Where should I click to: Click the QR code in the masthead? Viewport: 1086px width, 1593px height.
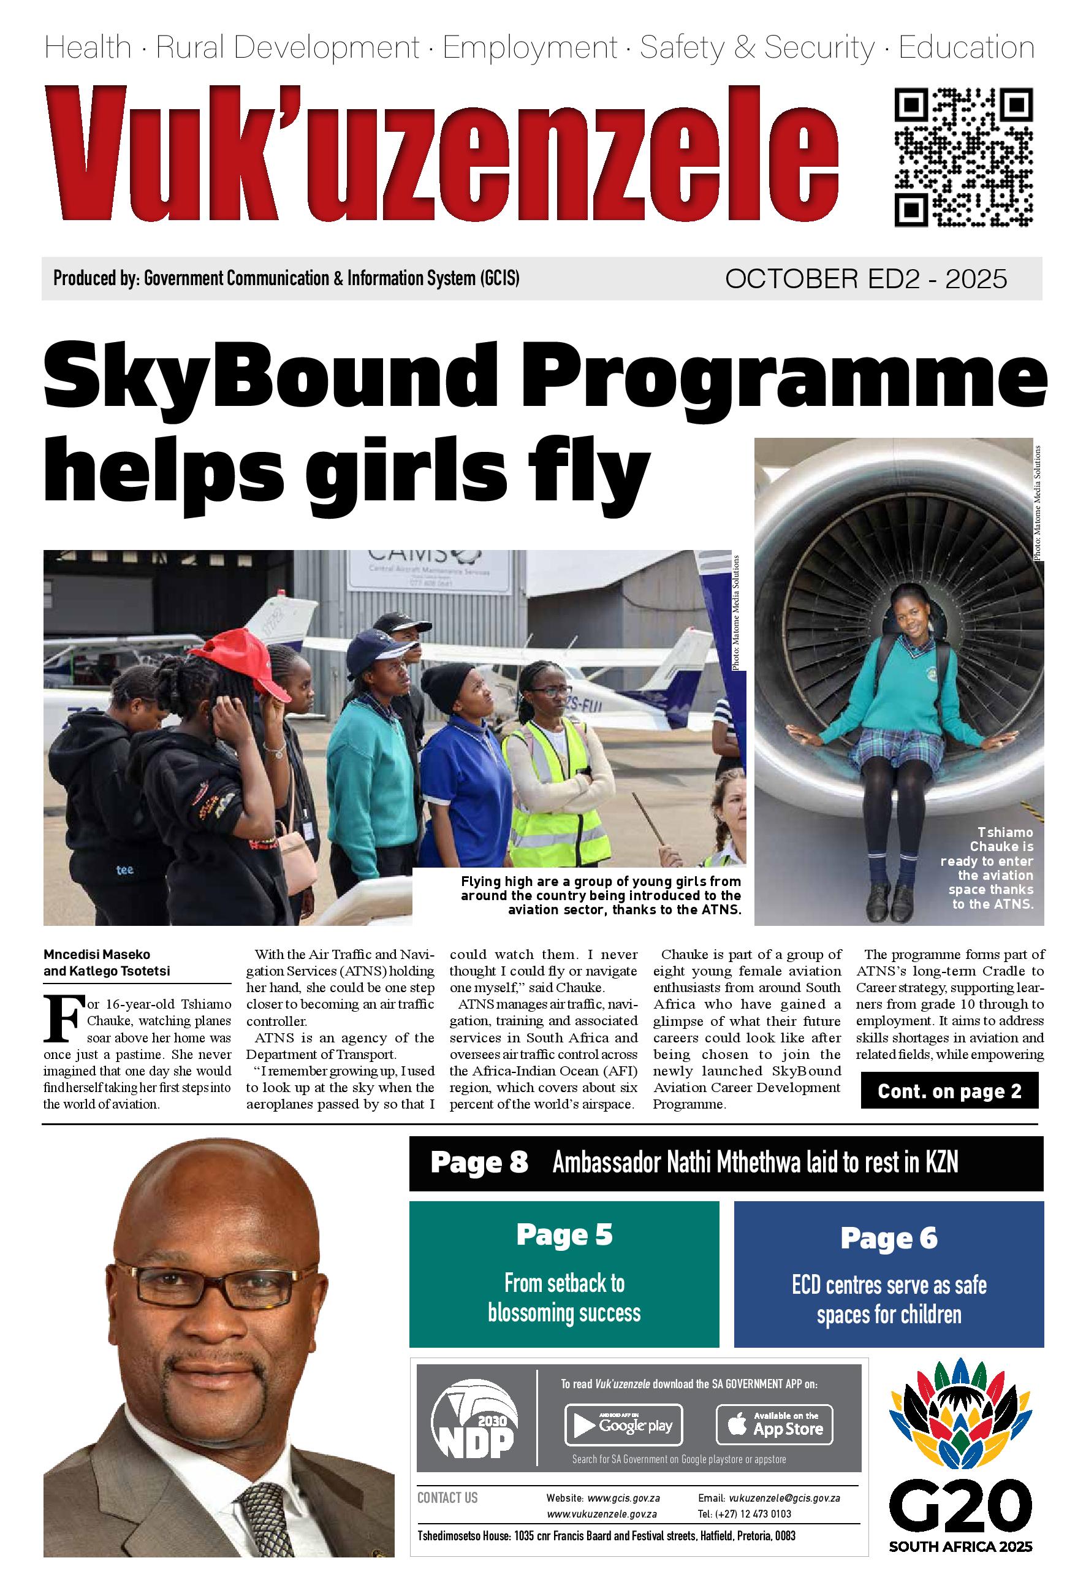963,157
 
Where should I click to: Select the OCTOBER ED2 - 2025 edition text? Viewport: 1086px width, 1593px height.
866,279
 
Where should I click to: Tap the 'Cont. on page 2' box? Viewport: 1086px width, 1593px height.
949,1091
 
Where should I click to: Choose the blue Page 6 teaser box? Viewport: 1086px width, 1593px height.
888,1275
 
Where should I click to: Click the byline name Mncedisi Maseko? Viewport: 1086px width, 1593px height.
97,954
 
